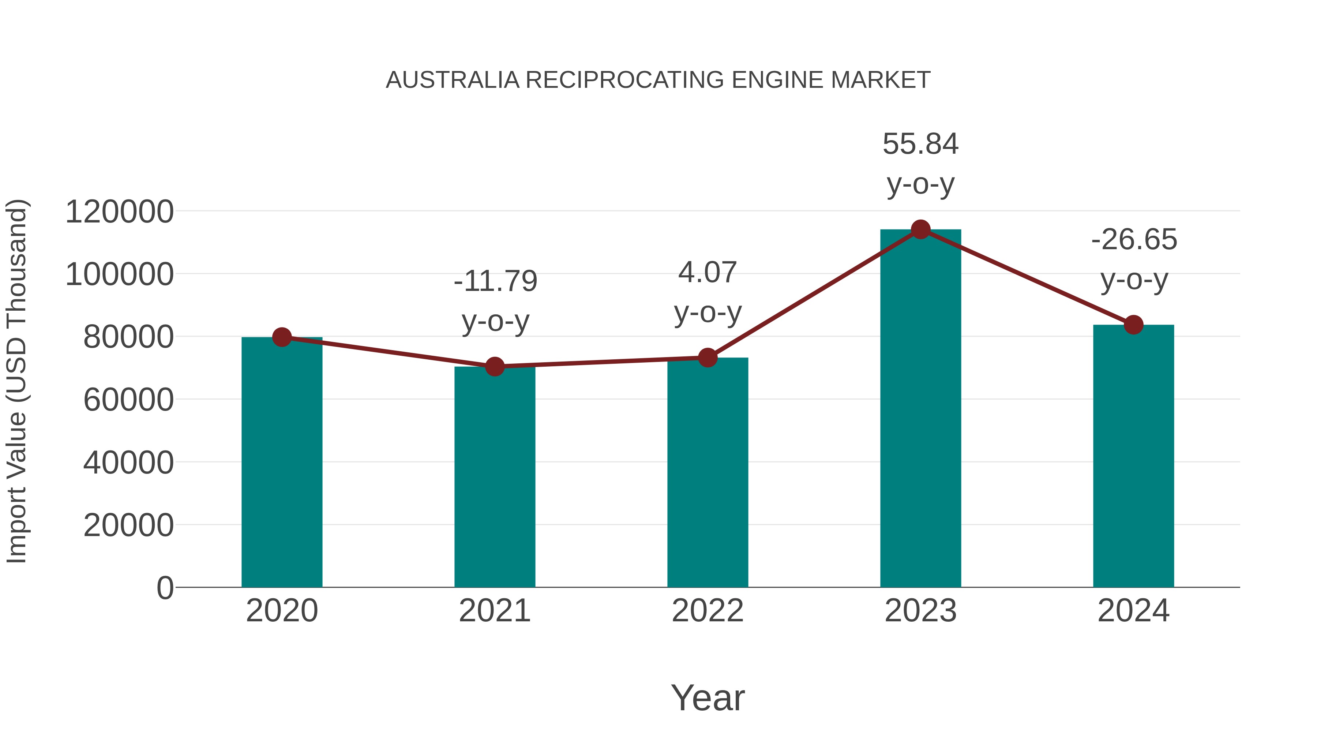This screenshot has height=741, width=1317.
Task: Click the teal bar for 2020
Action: pos(282,463)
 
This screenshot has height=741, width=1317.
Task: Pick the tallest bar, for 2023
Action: pos(920,409)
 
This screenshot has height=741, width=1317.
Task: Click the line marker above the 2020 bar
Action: pos(282,337)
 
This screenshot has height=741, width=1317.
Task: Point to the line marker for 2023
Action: pos(920,229)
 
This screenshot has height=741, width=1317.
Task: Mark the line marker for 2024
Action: pos(1133,325)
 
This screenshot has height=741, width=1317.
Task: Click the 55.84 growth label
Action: pos(920,144)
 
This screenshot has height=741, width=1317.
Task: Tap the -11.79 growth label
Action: pos(495,281)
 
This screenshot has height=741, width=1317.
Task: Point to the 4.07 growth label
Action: pos(708,273)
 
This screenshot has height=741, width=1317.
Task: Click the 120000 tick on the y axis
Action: pos(120,212)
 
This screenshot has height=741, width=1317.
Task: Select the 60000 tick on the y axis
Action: pos(128,400)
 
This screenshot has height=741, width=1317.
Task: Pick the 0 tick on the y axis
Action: pos(165,588)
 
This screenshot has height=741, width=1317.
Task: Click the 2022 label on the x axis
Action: pos(708,611)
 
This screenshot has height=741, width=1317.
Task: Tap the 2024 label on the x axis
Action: pos(1133,611)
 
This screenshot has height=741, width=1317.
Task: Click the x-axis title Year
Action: pos(708,698)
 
